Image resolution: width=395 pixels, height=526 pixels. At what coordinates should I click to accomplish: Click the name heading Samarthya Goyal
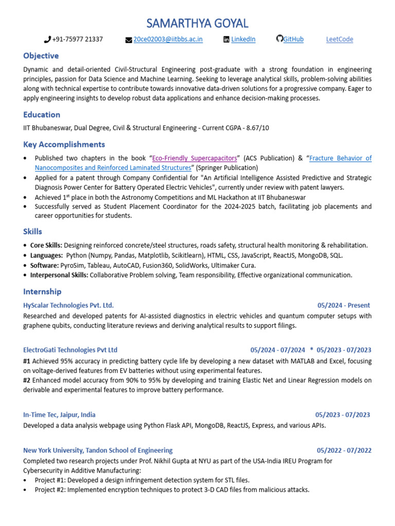point(197,23)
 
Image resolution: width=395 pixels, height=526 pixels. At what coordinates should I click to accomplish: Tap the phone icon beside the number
point(47,40)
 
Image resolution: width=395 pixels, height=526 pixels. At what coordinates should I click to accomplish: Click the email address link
point(168,40)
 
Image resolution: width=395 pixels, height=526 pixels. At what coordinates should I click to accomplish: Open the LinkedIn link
point(243,40)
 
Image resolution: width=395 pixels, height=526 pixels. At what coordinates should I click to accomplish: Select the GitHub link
point(293,40)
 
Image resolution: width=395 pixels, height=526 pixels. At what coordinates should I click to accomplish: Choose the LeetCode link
point(339,40)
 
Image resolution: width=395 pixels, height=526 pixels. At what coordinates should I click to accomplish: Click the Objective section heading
point(41,55)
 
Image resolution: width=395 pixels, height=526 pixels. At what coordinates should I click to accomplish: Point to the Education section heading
point(42,115)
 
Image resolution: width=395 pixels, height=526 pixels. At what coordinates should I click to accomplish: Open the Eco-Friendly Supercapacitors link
point(194,158)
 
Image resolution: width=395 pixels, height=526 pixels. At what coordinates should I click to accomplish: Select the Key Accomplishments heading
point(64,144)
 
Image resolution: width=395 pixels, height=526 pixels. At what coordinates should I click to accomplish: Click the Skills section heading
point(32,232)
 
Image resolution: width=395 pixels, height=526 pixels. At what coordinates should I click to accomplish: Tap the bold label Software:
point(44,266)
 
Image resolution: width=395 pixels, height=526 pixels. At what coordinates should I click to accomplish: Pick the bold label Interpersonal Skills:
point(59,275)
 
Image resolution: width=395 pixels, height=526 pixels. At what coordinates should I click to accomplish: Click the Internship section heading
point(42,292)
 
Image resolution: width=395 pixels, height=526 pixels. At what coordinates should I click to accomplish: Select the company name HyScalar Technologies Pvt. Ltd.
point(68,306)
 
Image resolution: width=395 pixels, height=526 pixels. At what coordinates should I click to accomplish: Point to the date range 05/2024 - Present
point(344,306)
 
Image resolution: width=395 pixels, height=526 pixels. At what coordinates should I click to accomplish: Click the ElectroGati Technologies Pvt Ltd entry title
point(70,350)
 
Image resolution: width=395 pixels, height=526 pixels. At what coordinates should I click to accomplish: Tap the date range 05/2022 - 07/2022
point(344,450)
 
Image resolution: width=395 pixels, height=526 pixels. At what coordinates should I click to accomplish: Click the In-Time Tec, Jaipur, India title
point(59,415)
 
